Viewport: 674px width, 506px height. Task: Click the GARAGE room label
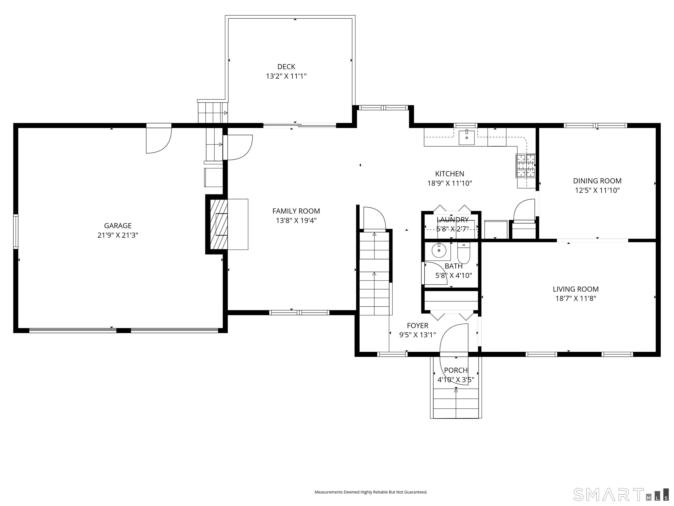(118, 226)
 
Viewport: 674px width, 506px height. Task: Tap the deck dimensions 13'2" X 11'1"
(286, 76)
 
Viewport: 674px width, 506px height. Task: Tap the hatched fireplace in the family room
(219, 224)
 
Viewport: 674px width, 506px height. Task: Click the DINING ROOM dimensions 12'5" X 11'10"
(597, 190)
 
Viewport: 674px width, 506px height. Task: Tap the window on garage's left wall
(16, 231)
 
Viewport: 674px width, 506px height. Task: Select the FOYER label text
(418, 325)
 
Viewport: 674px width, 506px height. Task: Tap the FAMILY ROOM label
(296, 211)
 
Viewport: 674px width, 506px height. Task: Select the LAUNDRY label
(452, 220)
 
